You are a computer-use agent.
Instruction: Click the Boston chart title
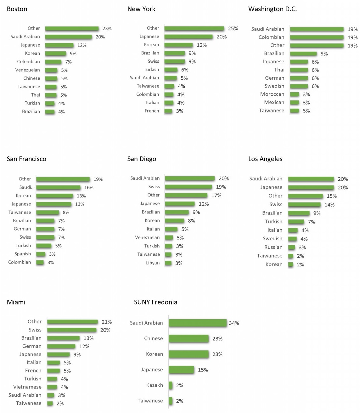17,9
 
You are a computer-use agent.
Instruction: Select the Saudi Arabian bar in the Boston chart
68,37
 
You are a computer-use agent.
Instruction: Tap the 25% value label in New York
233,29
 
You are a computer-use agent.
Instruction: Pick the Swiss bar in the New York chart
174,61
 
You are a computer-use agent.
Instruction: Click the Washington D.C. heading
272,9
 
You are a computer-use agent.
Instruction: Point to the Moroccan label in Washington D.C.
272,94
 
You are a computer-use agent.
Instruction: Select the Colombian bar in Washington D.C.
317,37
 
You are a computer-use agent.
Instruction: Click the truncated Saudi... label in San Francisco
27,187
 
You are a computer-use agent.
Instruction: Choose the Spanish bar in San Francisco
41,254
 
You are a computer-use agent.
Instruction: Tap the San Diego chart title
142,159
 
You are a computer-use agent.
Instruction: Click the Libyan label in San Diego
153,263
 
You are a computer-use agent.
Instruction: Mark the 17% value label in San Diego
216,196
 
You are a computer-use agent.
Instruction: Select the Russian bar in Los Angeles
292,247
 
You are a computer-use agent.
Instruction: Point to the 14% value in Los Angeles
329,205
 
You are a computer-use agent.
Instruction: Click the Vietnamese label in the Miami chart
27,387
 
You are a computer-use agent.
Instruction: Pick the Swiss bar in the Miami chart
72,330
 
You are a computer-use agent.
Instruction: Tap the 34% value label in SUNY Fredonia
234,323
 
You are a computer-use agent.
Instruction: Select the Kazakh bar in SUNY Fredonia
171,385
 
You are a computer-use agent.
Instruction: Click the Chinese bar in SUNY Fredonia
188,339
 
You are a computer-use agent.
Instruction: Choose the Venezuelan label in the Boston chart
28,70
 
